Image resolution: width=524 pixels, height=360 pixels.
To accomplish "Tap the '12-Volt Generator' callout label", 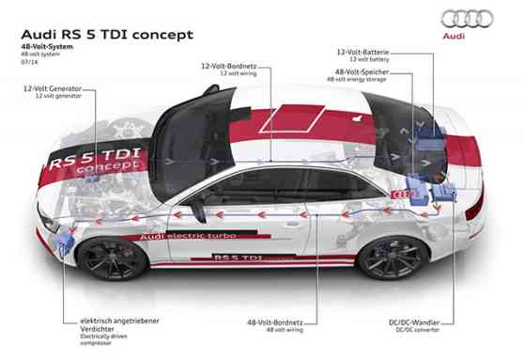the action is [x=52, y=88].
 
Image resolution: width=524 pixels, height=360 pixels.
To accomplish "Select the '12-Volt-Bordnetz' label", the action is [x=228, y=66].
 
